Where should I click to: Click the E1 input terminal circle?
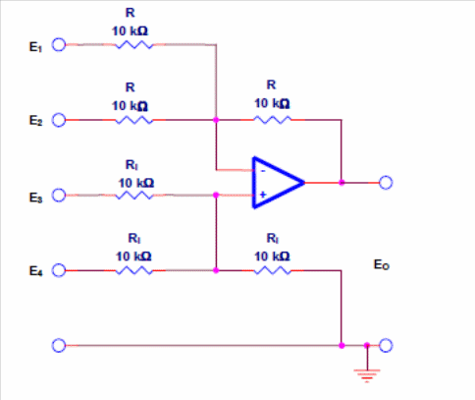tap(59, 45)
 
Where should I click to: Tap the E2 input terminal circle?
tap(59, 120)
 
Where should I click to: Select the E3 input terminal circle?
tap(59, 196)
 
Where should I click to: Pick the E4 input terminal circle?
tap(59, 270)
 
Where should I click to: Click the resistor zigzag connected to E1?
tap(134, 45)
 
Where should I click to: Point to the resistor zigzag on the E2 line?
tap(134, 120)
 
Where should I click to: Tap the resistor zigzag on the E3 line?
tap(134, 196)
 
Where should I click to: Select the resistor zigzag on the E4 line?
tap(134, 271)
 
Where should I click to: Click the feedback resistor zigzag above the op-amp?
tap(272, 120)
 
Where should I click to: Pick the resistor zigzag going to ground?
tap(272, 271)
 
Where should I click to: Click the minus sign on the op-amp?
tap(263, 171)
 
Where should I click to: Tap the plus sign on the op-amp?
tap(263, 195)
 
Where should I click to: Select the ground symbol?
tap(367, 376)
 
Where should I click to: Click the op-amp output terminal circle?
tap(386, 183)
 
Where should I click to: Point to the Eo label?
tap(382, 264)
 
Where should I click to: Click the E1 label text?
tap(35, 47)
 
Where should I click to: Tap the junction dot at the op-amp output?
tap(342, 183)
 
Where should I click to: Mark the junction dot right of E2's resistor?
tap(216, 120)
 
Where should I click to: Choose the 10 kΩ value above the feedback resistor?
tap(272, 103)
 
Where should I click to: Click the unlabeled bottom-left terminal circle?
tap(59, 345)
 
